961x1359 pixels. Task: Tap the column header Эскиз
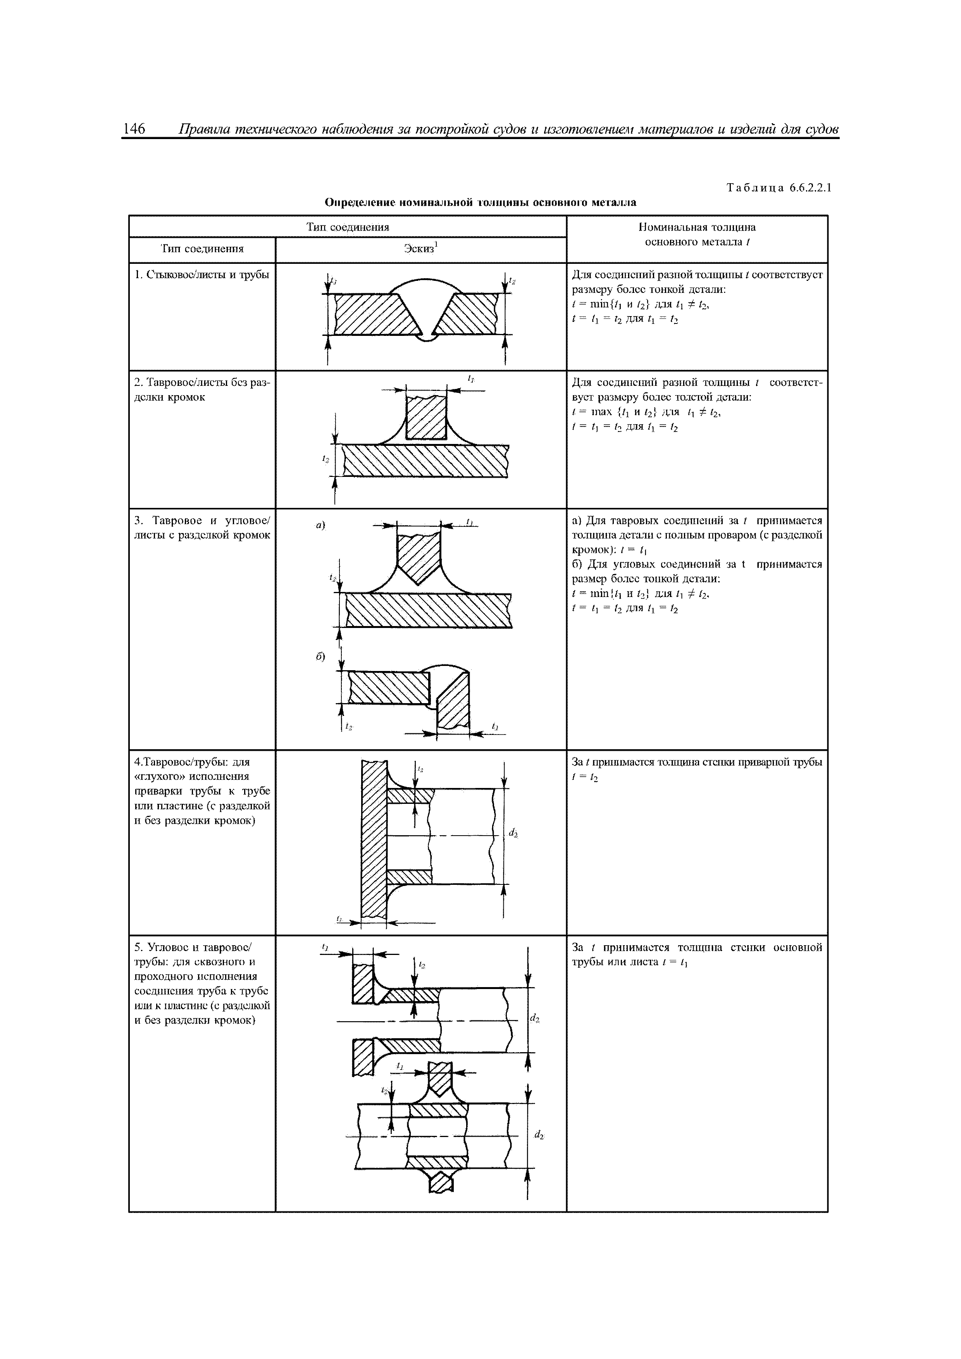click(419, 249)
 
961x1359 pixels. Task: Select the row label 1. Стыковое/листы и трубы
click(201, 275)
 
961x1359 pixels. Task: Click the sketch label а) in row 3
click(320, 525)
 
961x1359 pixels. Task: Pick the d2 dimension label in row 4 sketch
click(513, 834)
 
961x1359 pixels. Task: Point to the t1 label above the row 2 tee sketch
click(471, 378)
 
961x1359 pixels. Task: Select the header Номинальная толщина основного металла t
click(696, 234)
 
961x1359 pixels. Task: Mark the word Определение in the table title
click(361, 203)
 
